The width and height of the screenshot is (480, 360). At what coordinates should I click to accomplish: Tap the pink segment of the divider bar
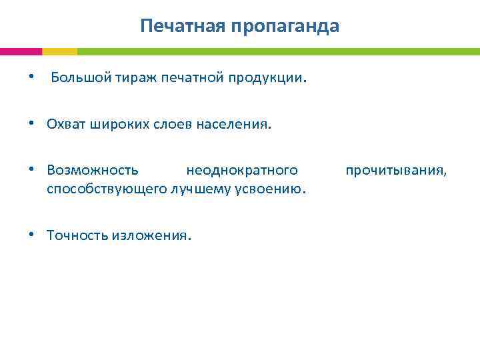click(21, 51)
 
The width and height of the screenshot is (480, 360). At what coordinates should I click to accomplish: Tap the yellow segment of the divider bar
click(59, 51)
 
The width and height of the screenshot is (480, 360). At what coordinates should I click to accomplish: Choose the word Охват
click(65, 125)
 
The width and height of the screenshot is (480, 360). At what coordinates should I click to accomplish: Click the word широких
click(113, 125)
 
